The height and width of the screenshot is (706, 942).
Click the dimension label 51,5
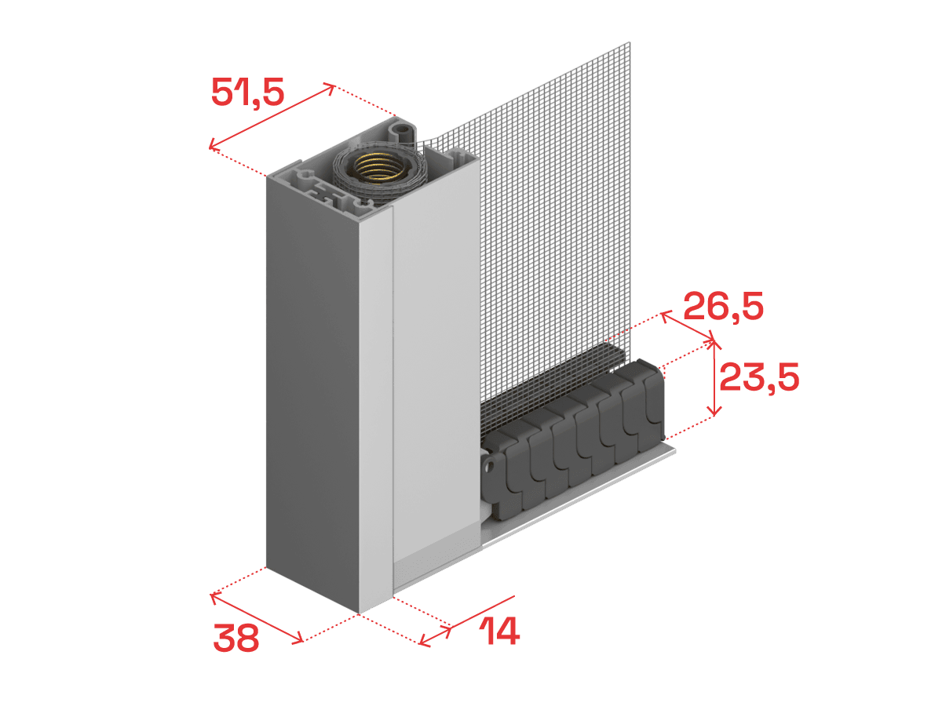(x=247, y=92)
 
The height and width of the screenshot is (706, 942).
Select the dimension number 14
(x=499, y=631)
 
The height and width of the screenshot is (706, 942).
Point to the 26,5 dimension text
(x=723, y=306)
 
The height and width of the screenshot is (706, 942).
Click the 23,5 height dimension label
(x=759, y=377)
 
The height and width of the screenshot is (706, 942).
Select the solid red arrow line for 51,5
(x=272, y=116)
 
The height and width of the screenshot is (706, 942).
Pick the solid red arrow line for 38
(x=257, y=617)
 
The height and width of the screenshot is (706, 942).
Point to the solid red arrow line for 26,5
(x=688, y=326)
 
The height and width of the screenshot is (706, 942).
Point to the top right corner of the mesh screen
(x=630, y=42)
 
